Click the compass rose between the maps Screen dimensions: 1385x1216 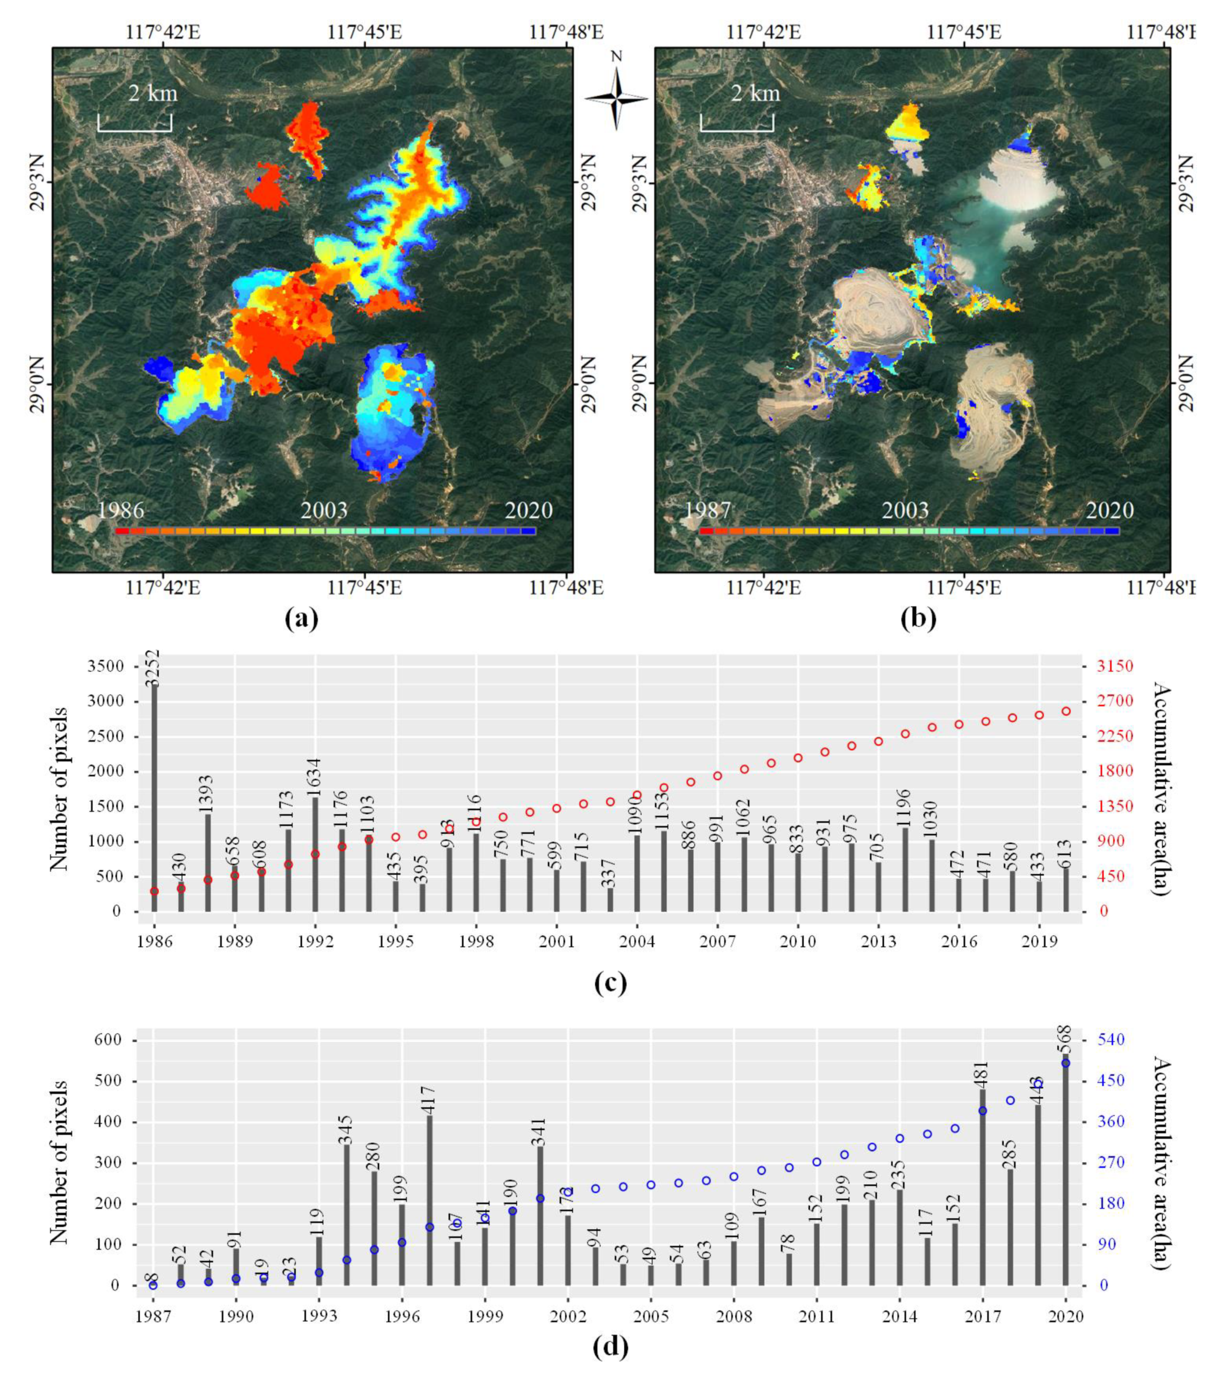click(616, 98)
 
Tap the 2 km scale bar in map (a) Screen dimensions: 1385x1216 click(134, 123)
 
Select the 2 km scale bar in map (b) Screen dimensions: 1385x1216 click(737, 123)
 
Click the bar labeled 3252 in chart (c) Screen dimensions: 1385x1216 click(155, 800)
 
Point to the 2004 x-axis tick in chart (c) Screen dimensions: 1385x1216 click(637, 942)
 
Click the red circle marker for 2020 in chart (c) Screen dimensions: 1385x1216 click(1065, 711)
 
